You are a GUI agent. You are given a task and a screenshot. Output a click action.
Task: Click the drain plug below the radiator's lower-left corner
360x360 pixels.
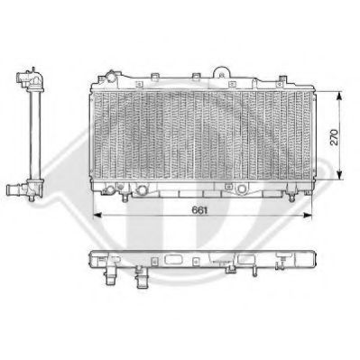pos(106,192)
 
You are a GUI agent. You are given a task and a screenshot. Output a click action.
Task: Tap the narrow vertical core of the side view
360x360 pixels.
pos(33,135)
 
